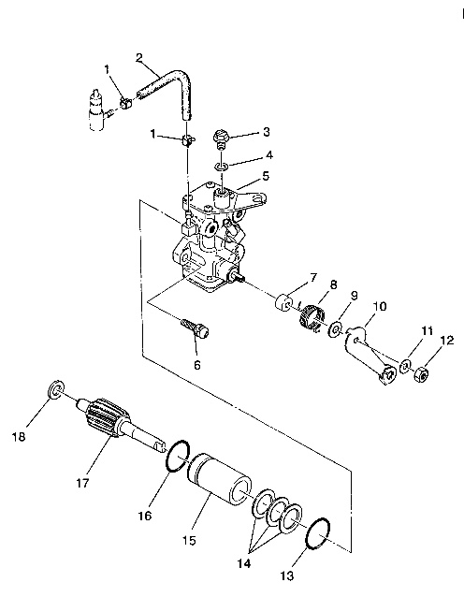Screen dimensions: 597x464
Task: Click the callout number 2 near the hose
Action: (138, 58)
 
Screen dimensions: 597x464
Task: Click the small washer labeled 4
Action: (220, 166)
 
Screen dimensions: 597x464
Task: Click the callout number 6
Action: (196, 364)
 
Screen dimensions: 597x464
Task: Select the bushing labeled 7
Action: (283, 306)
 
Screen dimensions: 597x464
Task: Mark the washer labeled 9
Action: (335, 330)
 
